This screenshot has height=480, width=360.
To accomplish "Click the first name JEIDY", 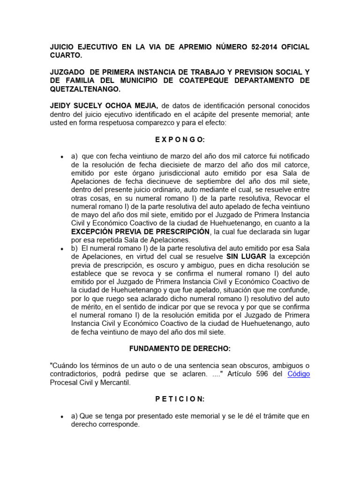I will [x=61, y=105].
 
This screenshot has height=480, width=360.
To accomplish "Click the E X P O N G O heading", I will [x=180, y=139].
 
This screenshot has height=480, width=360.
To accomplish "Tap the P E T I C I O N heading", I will [x=180, y=399].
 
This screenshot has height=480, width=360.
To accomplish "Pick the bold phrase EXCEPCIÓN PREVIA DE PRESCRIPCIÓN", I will [x=140, y=232].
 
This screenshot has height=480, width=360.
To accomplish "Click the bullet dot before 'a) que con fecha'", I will [x=62, y=156].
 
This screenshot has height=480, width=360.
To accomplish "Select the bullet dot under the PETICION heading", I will [x=62, y=416].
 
